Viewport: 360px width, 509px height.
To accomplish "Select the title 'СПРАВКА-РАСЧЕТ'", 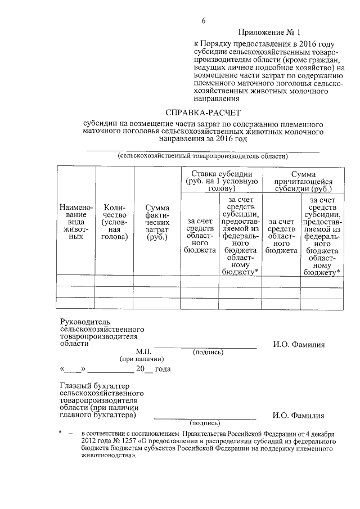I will click(201, 112).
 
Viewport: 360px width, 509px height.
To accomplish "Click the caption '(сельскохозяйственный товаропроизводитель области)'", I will click(202, 156).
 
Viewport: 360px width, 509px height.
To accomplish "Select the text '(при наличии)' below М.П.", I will click(140, 358).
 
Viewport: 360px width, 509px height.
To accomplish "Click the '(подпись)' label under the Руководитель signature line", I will click(208, 353).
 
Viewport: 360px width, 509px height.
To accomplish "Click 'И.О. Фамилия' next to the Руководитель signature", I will click(298, 345).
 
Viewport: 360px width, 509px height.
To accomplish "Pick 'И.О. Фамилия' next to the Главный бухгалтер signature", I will click(298, 416).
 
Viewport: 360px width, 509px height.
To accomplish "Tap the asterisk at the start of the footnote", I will click(60, 433).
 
